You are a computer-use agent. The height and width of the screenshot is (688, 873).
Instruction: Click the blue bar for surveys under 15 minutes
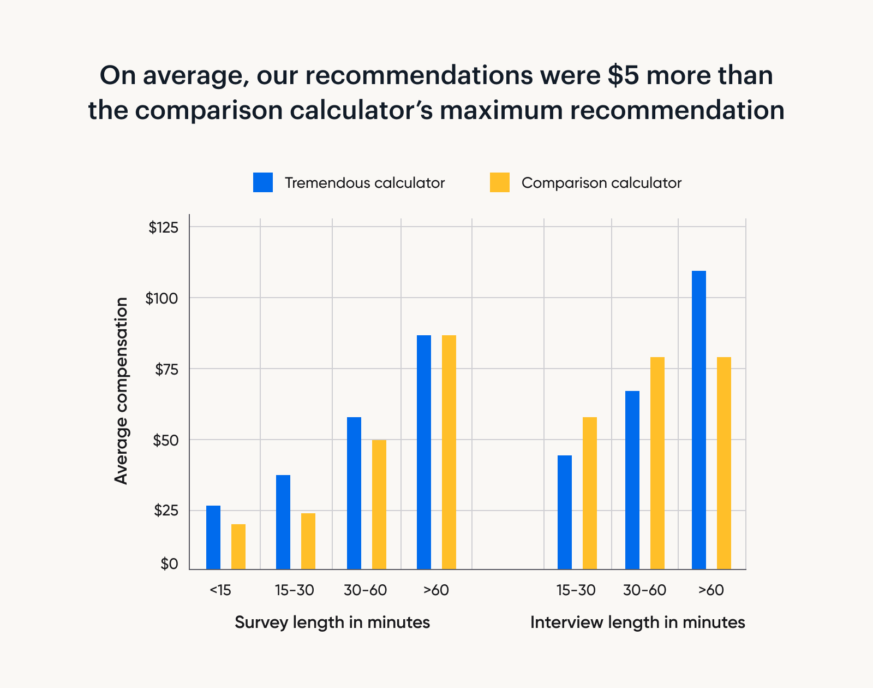click(213, 537)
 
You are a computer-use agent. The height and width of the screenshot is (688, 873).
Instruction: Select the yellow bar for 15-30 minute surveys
click(308, 541)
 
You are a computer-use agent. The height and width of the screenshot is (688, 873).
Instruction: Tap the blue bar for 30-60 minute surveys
click(354, 493)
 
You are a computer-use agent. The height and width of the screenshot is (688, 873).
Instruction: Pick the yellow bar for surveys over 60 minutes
click(449, 452)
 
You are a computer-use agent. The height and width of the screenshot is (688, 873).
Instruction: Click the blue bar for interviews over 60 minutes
click(699, 420)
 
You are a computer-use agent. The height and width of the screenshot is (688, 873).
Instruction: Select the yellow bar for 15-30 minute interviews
click(590, 493)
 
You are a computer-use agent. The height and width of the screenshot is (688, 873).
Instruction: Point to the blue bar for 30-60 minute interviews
click(632, 480)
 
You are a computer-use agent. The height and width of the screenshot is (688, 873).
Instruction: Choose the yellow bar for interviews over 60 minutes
click(724, 463)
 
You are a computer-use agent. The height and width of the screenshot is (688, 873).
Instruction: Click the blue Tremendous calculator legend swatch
click(263, 182)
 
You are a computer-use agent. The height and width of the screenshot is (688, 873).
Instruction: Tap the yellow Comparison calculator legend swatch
click(500, 182)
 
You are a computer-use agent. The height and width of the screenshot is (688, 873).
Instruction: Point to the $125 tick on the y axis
click(164, 228)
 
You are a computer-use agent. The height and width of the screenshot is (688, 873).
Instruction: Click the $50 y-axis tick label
click(165, 440)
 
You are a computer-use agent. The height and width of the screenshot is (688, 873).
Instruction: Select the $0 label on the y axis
click(169, 564)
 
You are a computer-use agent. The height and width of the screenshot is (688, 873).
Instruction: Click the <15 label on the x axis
click(220, 590)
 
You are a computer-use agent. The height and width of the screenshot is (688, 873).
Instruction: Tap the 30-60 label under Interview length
click(644, 590)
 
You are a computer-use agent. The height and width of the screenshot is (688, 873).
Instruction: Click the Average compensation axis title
click(121, 390)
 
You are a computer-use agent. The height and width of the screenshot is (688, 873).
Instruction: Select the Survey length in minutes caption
click(332, 622)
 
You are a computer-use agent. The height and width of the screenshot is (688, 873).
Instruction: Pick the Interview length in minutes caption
click(637, 622)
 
